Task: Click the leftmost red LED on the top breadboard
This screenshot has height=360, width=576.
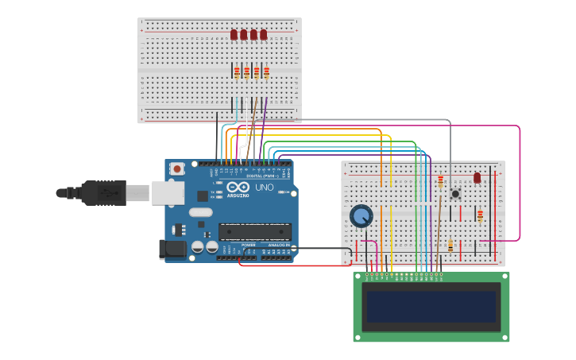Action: click(x=234, y=35)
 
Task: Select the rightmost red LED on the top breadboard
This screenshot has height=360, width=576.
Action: click(x=264, y=35)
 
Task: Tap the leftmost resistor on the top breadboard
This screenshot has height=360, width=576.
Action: click(x=237, y=72)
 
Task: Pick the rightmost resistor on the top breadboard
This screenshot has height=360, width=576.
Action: click(x=266, y=72)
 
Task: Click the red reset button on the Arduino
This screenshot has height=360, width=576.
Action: click(x=177, y=168)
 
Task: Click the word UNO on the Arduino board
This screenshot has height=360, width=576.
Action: click(x=264, y=188)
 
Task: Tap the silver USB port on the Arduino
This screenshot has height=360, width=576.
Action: click(x=168, y=192)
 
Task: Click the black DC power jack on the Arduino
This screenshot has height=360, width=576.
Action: click(x=172, y=250)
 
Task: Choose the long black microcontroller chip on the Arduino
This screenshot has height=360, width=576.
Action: click(x=255, y=231)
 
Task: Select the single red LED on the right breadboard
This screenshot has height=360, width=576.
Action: click(x=477, y=178)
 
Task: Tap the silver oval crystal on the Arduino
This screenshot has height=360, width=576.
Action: click(x=200, y=212)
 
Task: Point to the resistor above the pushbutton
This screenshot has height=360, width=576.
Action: click(x=441, y=182)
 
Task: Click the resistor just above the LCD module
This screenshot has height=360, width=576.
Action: click(x=450, y=246)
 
